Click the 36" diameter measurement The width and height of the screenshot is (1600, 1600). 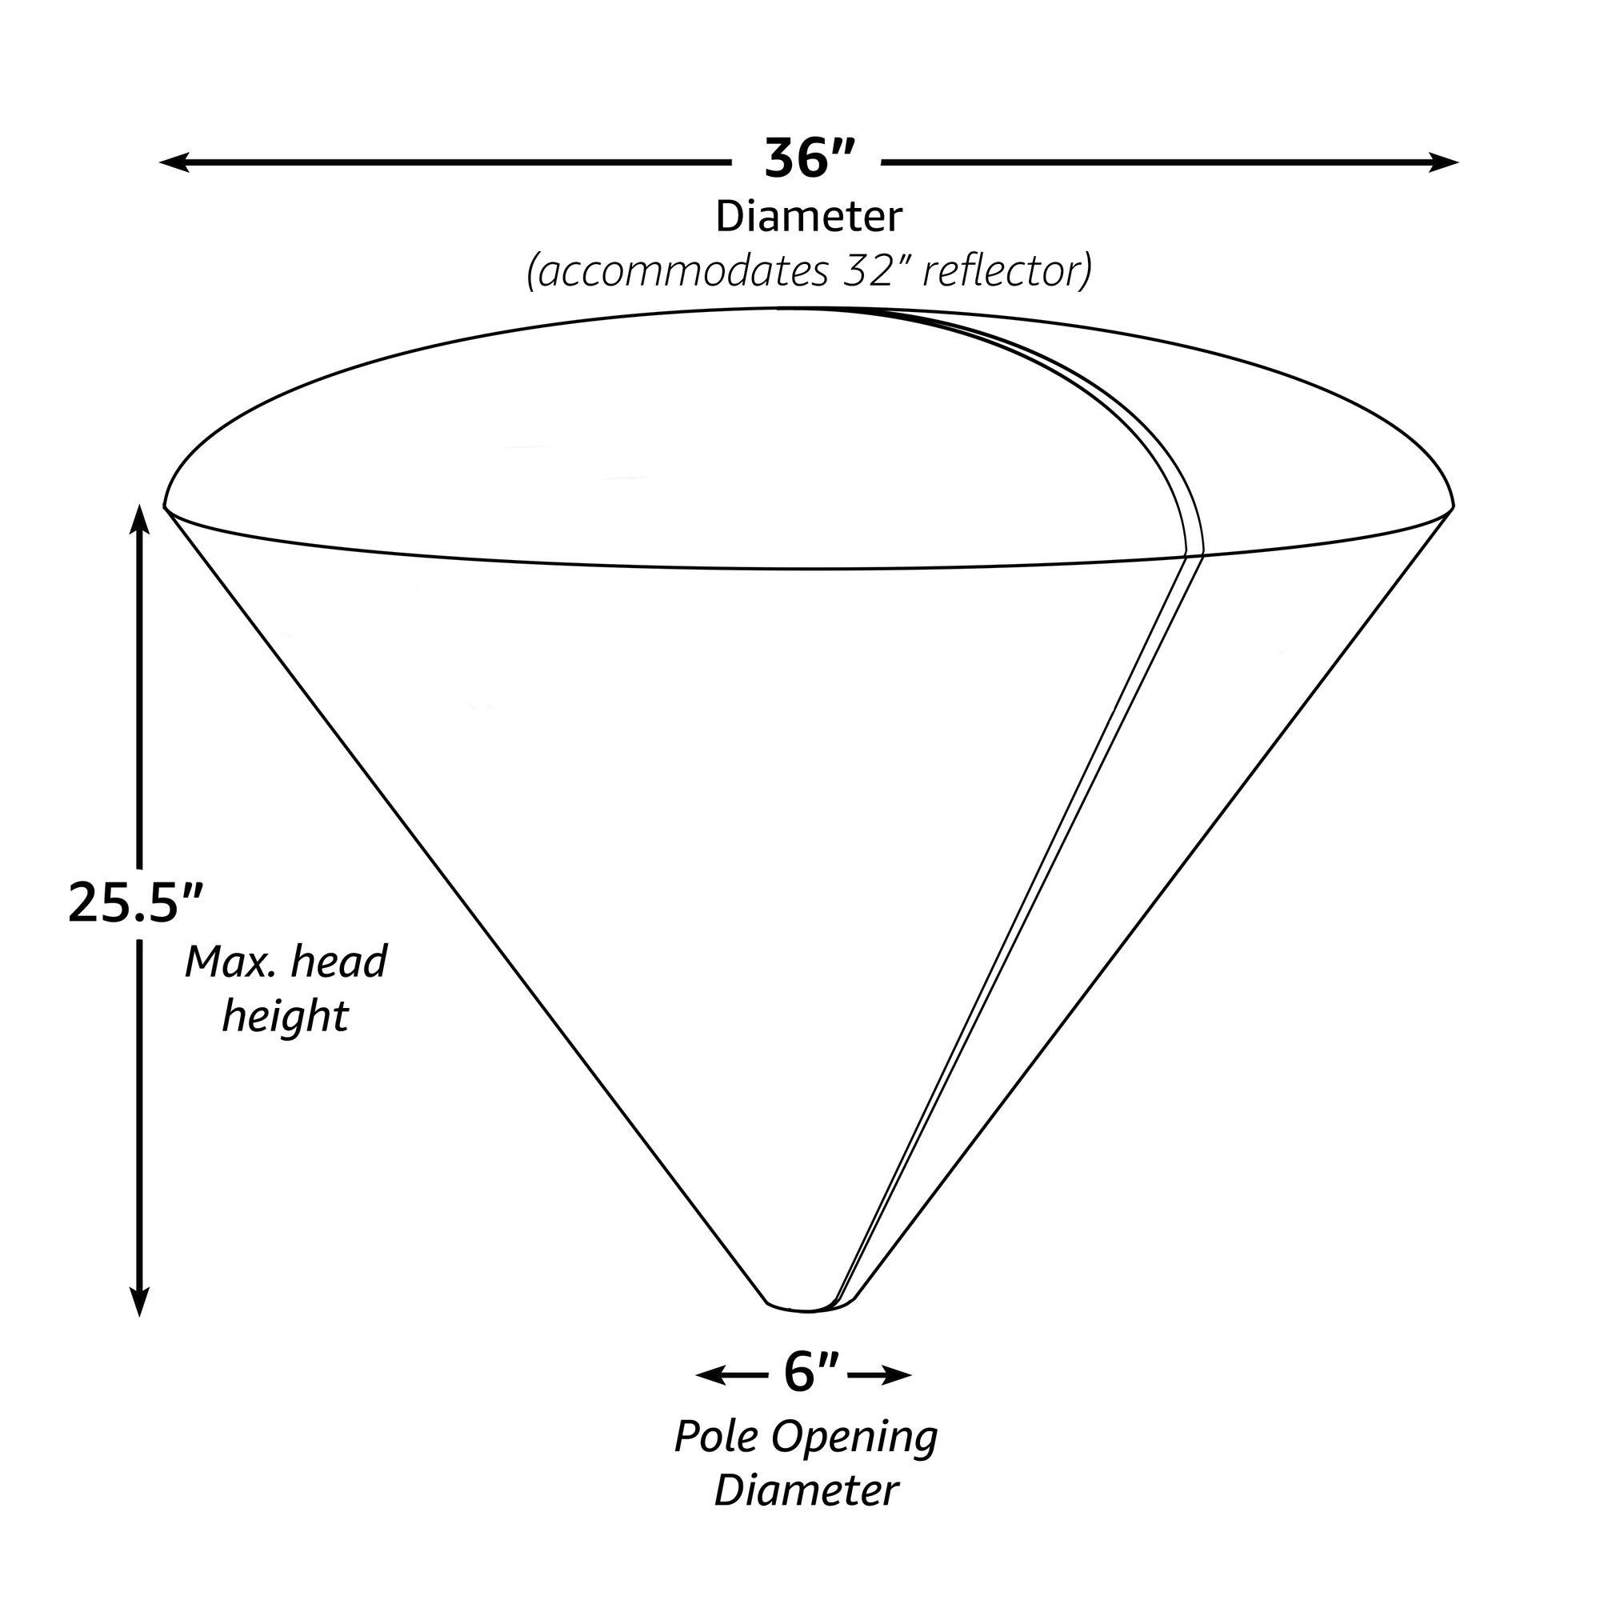(808, 159)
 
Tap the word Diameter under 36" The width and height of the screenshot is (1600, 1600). (808, 217)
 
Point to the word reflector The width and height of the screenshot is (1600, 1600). (1006, 271)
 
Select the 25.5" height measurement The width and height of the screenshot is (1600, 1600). (135, 902)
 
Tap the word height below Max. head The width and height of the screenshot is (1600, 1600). (285, 1016)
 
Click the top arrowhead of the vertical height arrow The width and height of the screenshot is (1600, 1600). (140, 518)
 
